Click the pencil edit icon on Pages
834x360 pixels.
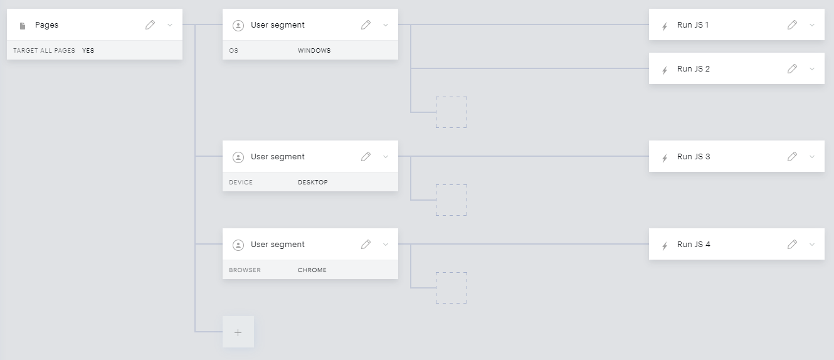coord(150,25)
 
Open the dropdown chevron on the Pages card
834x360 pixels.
coord(170,25)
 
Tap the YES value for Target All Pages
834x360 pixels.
coord(88,51)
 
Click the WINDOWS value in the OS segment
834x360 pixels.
coord(314,51)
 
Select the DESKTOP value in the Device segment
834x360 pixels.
coord(313,183)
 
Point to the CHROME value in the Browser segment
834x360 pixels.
coord(312,270)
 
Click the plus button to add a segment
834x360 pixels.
coord(238,332)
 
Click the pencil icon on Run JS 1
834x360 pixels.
coord(793,25)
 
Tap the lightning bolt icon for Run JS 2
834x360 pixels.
coord(665,70)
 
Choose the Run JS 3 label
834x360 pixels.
coord(694,157)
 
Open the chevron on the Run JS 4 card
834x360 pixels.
coord(812,245)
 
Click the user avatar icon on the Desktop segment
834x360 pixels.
coord(238,157)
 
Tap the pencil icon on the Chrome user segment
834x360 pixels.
coord(366,245)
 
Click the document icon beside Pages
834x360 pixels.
coord(23,26)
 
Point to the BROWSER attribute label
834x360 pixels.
coord(245,270)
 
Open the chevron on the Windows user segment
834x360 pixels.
coord(386,25)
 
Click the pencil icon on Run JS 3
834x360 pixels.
coord(793,157)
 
